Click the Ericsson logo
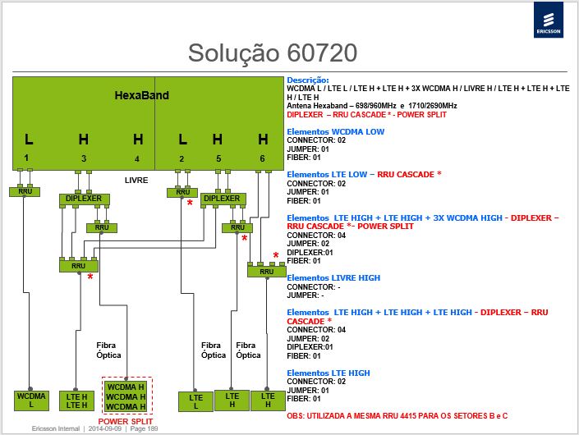click(x=549, y=20)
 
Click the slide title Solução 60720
click(x=273, y=53)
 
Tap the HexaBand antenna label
click(x=142, y=95)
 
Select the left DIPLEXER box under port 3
click(x=85, y=199)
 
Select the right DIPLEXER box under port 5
click(x=223, y=199)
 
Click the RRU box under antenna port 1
click(x=25, y=191)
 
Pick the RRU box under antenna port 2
click(x=182, y=193)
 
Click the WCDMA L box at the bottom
click(x=31, y=401)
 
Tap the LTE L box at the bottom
click(x=195, y=401)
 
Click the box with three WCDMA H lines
click(x=126, y=396)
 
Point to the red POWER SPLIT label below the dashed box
click(x=126, y=421)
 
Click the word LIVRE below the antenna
click(x=136, y=181)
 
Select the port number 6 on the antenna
click(x=262, y=158)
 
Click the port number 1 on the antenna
click(x=26, y=158)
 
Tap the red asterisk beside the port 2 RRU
click(x=190, y=204)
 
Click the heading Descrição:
click(x=308, y=80)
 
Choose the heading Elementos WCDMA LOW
click(x=336, y=131)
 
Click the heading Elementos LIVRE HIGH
click(x=333, y=277)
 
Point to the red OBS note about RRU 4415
click(x=397, y=416)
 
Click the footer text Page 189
click(x=144, y=428)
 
